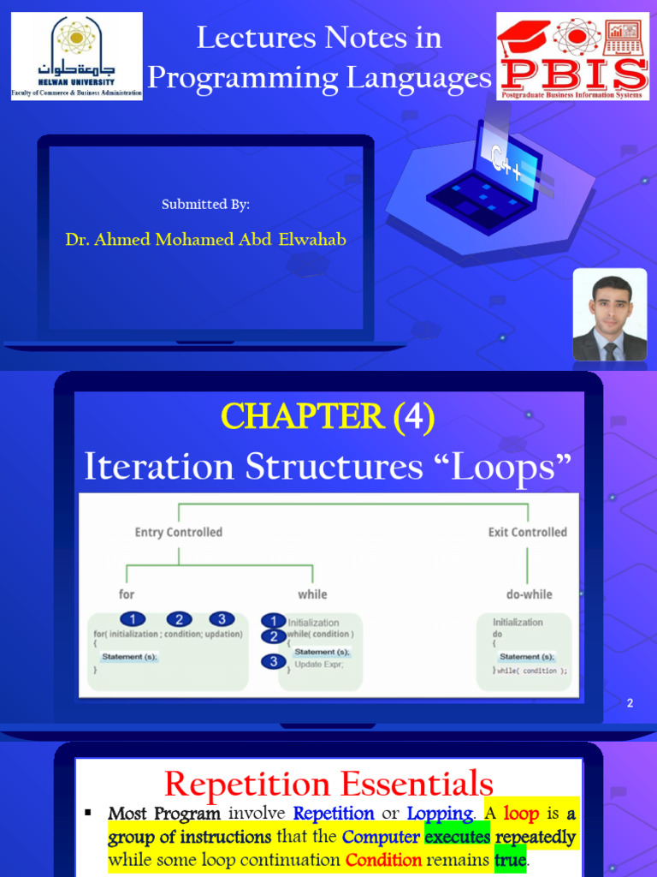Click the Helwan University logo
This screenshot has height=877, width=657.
coord(77,57)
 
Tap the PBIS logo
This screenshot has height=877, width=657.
coord(573,57)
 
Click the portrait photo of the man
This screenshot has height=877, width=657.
coord(610,316)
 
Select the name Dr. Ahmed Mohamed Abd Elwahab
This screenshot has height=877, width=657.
coord(206,240)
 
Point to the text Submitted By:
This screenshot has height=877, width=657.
coord(206,204)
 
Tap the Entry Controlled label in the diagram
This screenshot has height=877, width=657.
coord(178,532)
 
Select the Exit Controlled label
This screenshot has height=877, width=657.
coord(527,532)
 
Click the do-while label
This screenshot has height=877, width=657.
coord(529,594)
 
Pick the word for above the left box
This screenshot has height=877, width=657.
coord(127,594)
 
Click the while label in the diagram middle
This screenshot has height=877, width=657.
coord(312,594)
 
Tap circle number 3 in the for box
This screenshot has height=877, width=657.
coord(221,619)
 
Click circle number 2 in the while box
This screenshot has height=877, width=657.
coord(273,636)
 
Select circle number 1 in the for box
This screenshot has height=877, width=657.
coord(133,619)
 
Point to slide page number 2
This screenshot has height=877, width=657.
coord(630,703)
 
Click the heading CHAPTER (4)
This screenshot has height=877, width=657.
coord(328,417)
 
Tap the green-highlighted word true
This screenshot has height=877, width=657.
coord(510,859)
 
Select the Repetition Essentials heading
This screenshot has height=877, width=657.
coord(328,784)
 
